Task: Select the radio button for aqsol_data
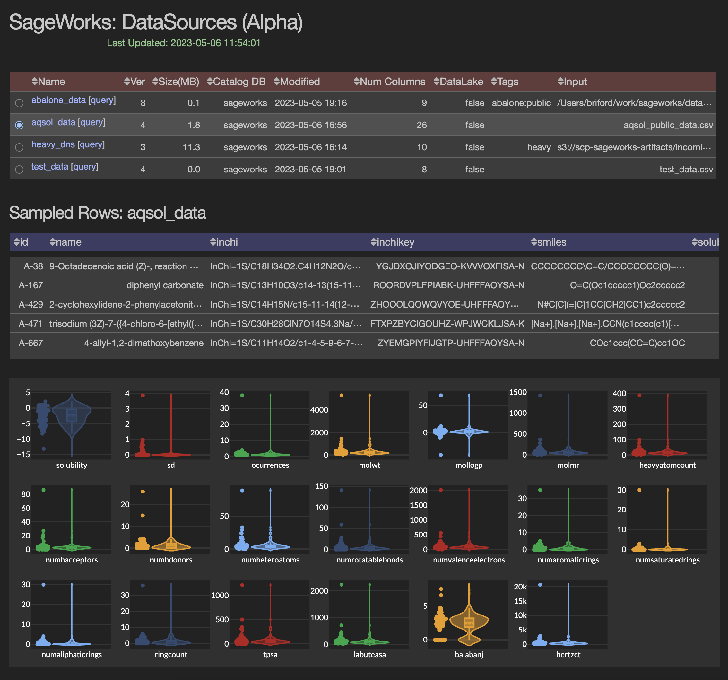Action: (19, 125)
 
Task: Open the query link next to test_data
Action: (85, 167)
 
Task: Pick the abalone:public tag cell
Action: (521, 103)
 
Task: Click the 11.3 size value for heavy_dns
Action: (191, 147)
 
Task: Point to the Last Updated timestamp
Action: (184, 43)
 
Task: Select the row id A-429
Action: (31, 304)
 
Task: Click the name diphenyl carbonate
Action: (165, 285)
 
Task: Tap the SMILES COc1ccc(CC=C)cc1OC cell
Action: (637, 343)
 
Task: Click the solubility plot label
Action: (72, 465)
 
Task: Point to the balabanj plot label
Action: (469, 654)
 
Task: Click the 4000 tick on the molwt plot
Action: (319, 410)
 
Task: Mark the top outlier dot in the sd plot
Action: (143, 395)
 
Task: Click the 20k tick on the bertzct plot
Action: (520, 587)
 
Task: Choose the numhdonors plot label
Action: (171, 560)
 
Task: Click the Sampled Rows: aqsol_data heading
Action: (107, 213)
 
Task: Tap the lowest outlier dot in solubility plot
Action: (44, 449)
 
